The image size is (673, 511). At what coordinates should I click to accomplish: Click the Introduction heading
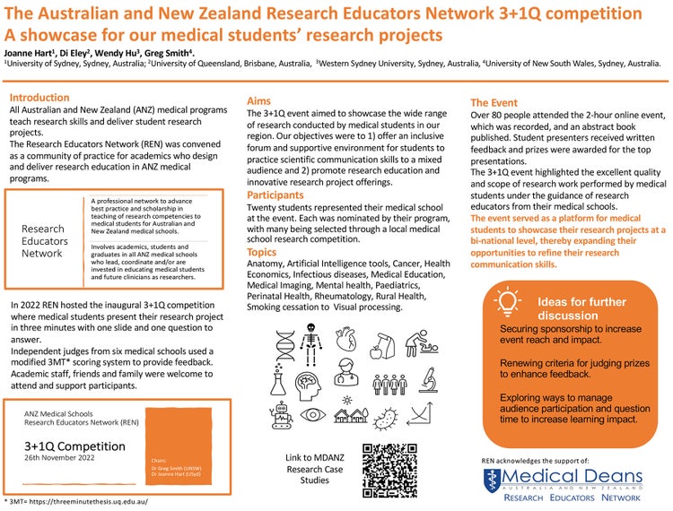39,98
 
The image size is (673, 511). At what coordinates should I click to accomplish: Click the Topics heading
262,253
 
